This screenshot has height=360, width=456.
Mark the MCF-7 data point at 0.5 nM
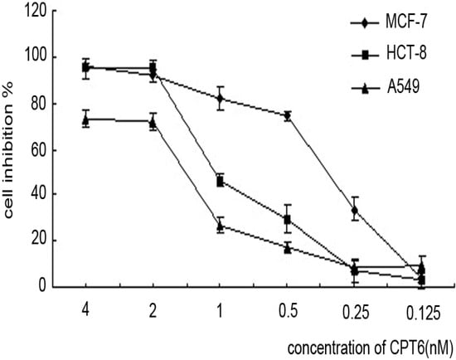(287, 116)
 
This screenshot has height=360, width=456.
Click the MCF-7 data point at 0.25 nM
(355, 210)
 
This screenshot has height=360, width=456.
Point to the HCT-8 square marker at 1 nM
(220, 181)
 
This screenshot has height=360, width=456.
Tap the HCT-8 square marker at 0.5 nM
(287, 220)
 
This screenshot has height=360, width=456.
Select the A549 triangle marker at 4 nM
(85, 119)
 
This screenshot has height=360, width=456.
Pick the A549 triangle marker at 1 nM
(220, 226)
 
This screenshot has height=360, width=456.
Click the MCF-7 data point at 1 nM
(220, 98)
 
